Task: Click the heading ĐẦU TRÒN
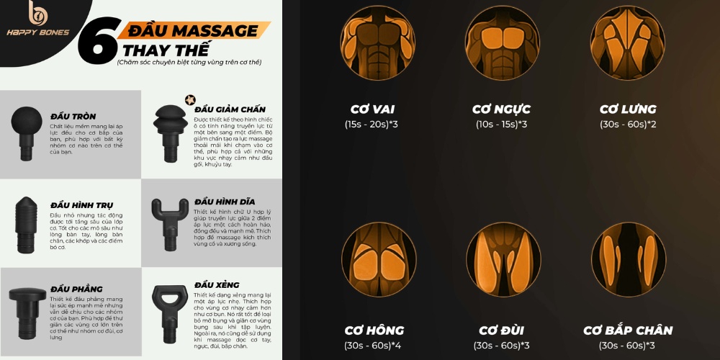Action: click(x=73, y=116)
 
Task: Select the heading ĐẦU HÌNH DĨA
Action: click(x=225, y=202)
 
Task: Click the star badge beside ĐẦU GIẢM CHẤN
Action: click(x=190, y=99)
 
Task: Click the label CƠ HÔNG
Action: click(x=372, y=330)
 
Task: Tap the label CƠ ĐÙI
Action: click(x=501, y=330)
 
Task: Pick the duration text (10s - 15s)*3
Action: click(x=501, y=125)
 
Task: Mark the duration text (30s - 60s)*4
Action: click(x=372, y=346)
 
